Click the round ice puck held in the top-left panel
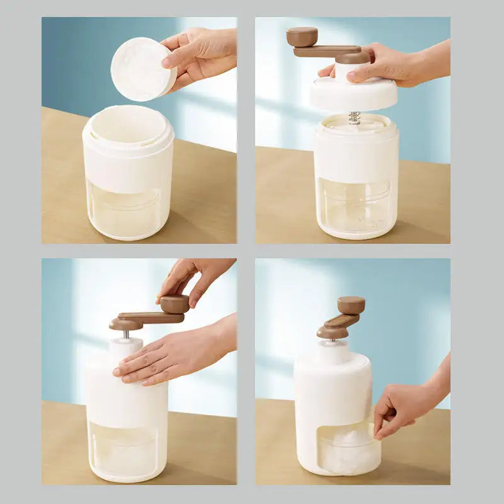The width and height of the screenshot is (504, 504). [142, 69]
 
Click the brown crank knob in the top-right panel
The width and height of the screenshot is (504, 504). [302, 37]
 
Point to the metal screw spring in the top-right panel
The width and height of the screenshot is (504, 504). [355, 118]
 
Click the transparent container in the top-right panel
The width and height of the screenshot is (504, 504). [356, 205]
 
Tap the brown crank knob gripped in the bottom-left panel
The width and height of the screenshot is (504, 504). [174, 304]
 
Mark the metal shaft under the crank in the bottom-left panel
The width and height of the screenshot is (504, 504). [127, 334]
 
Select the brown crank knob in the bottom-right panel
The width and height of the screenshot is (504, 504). [351, 305]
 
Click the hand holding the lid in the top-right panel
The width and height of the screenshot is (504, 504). [391, 66]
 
